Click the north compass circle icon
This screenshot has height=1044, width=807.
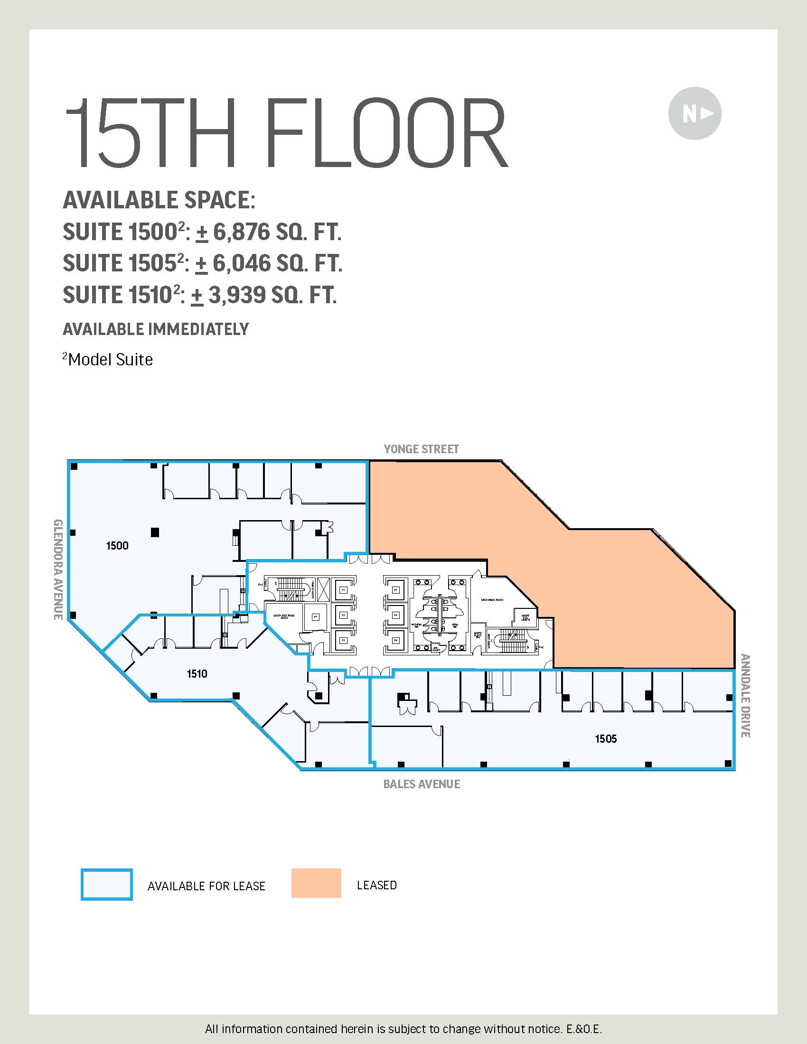pyautogui.click(x=694, y=113)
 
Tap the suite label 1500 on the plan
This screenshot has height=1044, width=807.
pyautogui.click(x=117, y=545)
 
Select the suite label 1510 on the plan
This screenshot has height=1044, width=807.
pyautogui.click(x=197, y=673)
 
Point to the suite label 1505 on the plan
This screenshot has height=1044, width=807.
pyautogui.click(x=606, y=738)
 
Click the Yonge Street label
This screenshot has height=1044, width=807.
pyautogui.click(x=421, y=449)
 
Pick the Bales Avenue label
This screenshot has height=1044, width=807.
pyautogui.click(x=422, y=784)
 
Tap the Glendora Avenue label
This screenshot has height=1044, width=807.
pyautogui.click(x=58, y=569)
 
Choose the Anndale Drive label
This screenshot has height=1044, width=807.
pyautogui.click(x=745, y=696)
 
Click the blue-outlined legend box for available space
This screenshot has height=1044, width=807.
pyautogui.click(x=107, y=885)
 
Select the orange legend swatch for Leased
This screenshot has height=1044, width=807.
pyautogui.click(x=316, y=883)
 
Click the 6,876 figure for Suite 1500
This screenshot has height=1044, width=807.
pyautogui.click(x=242, y=232)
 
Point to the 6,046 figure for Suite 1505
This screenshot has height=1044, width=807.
pyautogui.click(x=242, y=263)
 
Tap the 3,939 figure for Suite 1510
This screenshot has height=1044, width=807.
pyautogui.click(x=237, y=295)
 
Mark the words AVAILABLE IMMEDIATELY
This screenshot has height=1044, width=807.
pyautogui.click(x=156, y=329)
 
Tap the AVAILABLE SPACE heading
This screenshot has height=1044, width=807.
pyautogui.click(x=159, y=200)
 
